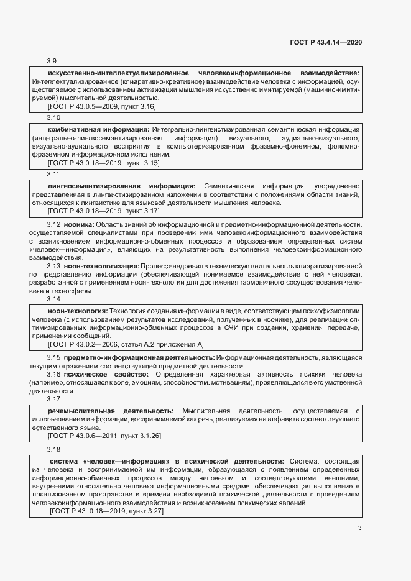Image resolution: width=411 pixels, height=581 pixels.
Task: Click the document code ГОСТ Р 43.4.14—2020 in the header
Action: click(326, 42)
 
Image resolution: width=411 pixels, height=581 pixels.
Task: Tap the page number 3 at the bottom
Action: click(359, 529)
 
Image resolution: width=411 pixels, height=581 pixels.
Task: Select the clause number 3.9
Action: click(52, 61)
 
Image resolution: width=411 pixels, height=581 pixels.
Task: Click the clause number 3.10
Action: click(54, 117)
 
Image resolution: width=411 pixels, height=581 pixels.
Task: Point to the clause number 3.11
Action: click(54, 174)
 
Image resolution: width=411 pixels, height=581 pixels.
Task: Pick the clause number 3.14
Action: click(54, 299)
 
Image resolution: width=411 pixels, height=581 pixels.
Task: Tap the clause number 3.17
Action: click(54, 400)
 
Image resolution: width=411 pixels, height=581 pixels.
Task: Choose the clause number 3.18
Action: click(54, 449)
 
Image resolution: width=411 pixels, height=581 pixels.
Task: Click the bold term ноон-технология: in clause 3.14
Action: click(78, 310)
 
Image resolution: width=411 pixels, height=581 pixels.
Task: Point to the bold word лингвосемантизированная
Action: click(90, 186)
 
